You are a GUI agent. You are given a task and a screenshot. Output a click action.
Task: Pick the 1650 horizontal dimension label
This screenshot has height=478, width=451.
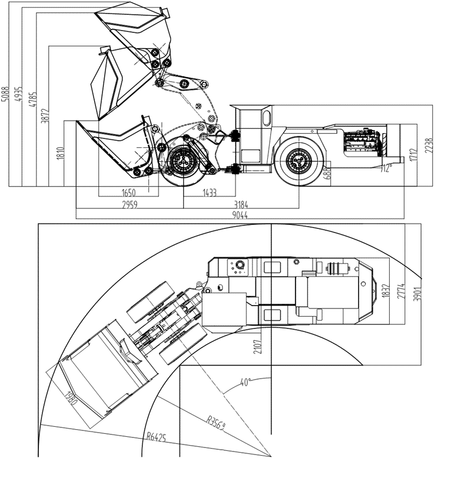(128, 192)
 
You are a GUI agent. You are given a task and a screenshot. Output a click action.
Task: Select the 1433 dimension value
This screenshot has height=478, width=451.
(209, 192)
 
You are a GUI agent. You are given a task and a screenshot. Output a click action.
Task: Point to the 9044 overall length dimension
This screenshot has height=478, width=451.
(240, 216)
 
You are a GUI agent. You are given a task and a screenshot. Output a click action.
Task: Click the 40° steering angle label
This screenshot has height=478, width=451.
(246, 382)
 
